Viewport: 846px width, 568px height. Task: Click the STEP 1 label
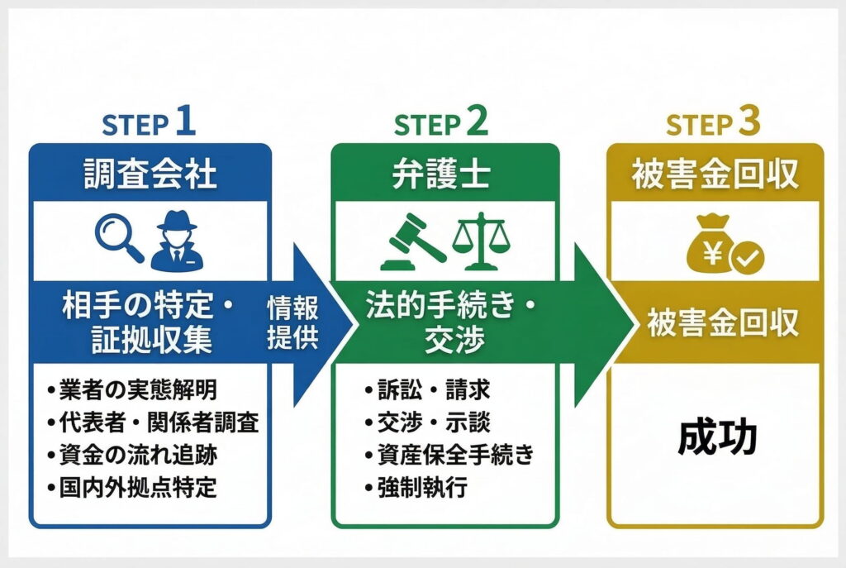pyautogui.click(x=149, y=124)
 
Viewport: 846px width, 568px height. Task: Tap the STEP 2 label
pyautogui.click(x=441, y=124)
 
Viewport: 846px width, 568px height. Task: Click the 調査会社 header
pyautogui.click(x=150, y=174)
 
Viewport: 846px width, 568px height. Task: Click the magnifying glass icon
pyautogui.click(x=119, y=238)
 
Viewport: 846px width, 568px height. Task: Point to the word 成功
pyautogui.click(x=716, y=439)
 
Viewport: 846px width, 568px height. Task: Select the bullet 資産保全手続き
pyautogui.click(x=449, y=454)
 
